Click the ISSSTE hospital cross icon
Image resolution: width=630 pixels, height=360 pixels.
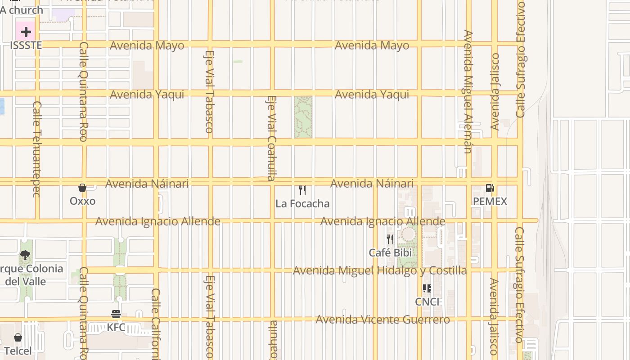pos(26,32)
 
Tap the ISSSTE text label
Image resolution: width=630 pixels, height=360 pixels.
pos(26,45)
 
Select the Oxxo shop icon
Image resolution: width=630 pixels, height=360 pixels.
pos(82,188)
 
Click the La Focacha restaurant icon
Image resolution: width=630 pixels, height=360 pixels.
pos(302,190)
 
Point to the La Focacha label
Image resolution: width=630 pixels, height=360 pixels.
pos(302,203)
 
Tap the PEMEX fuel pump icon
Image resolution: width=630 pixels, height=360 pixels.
pos(490,188)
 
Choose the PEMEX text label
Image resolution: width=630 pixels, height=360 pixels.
pos(490,201)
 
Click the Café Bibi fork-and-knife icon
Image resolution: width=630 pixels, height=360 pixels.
pos(390,239)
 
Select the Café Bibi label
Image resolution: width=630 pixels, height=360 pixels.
pos(390,252)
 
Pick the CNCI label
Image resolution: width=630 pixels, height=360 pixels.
pos(427,301)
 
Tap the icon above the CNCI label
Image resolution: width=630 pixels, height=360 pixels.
pos(427,288)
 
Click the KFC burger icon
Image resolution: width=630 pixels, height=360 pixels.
pos(116,314)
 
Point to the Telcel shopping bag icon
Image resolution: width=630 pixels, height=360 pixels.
pos(18,337)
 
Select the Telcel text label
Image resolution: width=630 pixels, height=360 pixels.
pos(18,351)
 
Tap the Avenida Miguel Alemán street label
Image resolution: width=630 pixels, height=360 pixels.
pos(468,92)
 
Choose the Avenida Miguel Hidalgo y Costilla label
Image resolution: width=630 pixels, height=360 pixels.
pos(380,270)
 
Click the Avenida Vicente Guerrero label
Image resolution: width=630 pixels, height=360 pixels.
pos(382,319)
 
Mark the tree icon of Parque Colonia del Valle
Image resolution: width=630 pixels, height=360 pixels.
pos(25,255)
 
